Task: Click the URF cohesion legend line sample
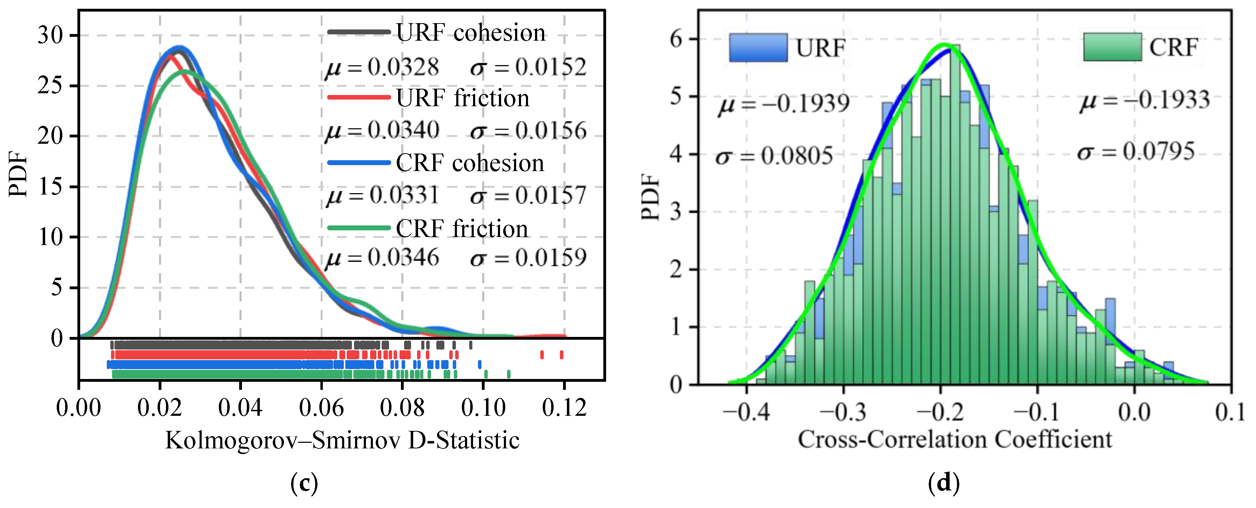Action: click(359, 32)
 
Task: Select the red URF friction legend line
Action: click(359, 97)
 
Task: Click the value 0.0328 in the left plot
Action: click(403, 67)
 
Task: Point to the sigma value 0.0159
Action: click(550, 257)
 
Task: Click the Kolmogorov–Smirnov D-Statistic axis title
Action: click(342, 440)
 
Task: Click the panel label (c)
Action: click(304, 483)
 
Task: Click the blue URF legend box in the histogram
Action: click(758, 47)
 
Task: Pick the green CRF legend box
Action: click(1112, 47)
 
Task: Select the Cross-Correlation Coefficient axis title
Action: click(955, 439)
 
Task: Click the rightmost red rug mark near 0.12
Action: click(561, 355)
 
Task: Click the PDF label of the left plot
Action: click(19, 174)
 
